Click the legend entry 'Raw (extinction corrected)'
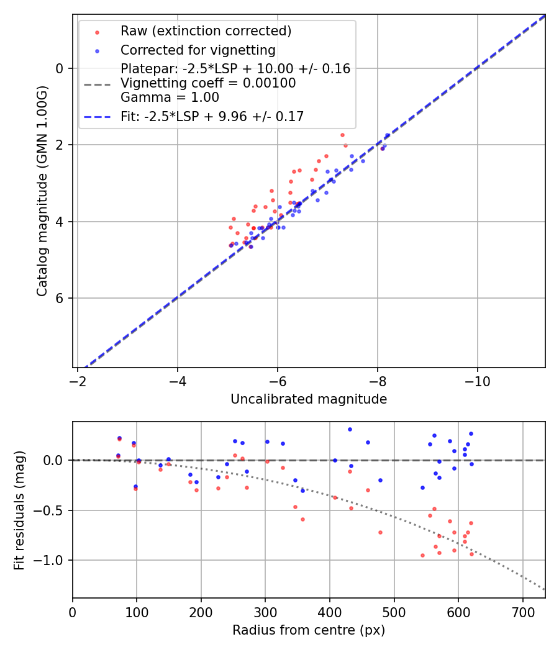tap(206, 31)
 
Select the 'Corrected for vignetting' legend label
tap(198, 50)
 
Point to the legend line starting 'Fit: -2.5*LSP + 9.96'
tap(212, 117)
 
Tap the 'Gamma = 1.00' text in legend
tap(170, 97)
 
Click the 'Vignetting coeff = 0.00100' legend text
tap(208, 83)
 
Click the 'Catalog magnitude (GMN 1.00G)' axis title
tap(42, 192)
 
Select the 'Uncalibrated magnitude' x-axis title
tap(309, 399)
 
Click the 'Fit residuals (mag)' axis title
tap(19, 510)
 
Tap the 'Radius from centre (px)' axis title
tap(309, 630)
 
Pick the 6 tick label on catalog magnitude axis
tap(60, 298)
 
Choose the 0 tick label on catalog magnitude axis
tap(60, 68)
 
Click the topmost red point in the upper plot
tap(342, 135)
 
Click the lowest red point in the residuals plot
tap(422, 555)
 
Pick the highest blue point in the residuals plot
tap(350, 429)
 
